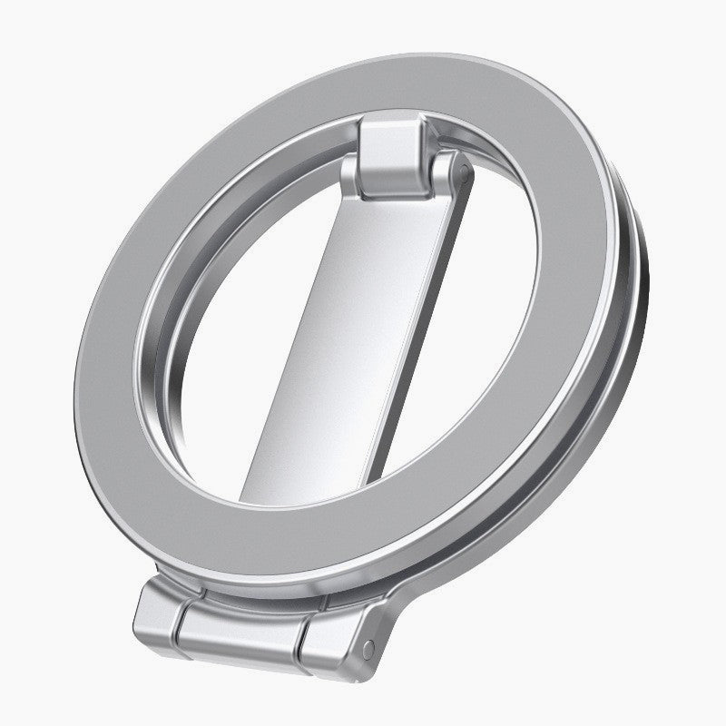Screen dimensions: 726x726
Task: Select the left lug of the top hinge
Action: point(368,181)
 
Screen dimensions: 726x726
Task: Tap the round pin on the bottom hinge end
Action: point(367,647)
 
